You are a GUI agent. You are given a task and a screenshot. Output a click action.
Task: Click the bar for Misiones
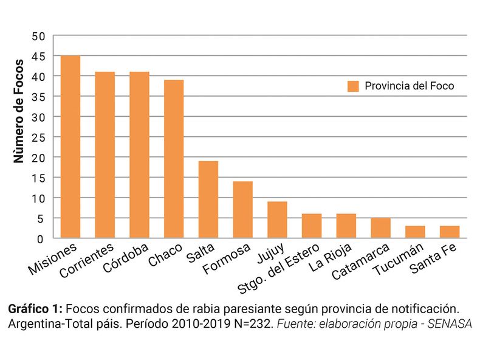70,147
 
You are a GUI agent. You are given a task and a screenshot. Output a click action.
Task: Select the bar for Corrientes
105,155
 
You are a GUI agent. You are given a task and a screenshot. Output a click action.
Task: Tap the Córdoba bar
139,155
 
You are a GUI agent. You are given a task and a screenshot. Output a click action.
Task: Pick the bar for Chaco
174,159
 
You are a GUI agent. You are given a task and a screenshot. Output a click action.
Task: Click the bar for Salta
208,199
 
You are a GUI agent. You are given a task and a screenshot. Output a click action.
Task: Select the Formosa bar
242,210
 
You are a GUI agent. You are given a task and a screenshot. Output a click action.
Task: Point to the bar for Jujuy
277,220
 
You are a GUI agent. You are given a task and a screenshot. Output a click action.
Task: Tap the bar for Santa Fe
450,232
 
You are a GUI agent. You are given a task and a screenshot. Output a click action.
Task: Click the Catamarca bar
380,227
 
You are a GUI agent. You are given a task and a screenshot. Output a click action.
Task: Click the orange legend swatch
353,86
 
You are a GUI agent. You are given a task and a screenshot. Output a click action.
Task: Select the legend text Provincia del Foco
409,86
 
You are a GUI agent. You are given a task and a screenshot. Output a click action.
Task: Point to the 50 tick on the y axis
39,36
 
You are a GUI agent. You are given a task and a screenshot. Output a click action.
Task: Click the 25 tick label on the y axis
39,137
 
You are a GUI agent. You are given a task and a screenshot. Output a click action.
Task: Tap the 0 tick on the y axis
42,238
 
